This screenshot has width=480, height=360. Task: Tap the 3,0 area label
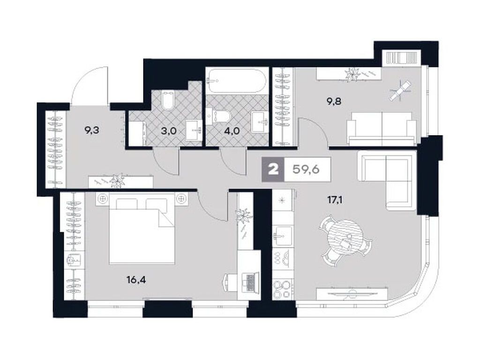tap(168, 131)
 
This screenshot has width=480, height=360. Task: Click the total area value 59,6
tap(306, 169)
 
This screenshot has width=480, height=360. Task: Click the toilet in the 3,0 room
tap(167, 100)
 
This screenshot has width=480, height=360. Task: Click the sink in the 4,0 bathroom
tap(259, 122)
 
